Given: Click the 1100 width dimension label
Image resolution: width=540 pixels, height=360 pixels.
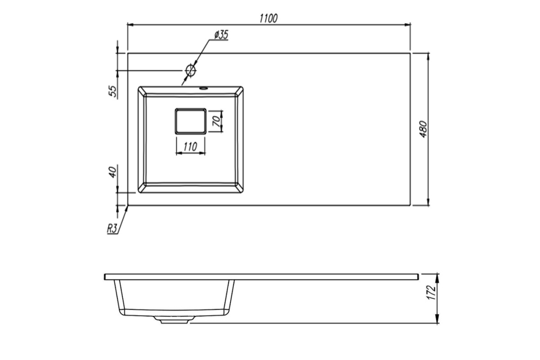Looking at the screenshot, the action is click(x=269, y=18).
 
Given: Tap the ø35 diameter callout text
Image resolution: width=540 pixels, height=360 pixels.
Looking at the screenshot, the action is click(x=221, y=35).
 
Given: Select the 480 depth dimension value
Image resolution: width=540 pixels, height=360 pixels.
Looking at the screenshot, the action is click(x=423, y=129).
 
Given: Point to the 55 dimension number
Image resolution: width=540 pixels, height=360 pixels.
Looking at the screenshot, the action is click(x=113, y=91).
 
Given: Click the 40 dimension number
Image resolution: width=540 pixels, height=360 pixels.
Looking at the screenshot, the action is click(x=113, y=172).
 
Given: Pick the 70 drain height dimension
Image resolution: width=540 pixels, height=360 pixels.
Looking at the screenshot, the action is click(x=216, y=121).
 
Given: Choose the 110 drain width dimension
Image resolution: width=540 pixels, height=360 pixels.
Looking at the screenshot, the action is click(x=190, y=147).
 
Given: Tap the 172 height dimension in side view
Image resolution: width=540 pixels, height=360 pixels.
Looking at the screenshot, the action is click(x=431, y=292).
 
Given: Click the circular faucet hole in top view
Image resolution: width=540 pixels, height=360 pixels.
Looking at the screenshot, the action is click(x=190, y=70).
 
